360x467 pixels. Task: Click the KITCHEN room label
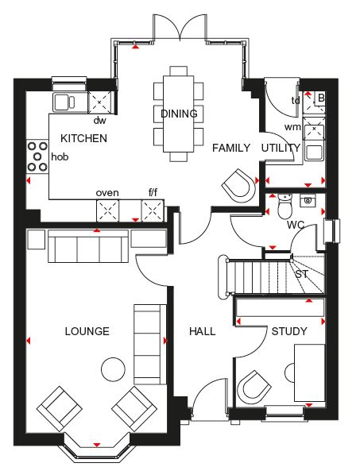pyautogui.click(x=83, y=138)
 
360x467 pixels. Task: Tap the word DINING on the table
pyautogui.click(x=179, y=114)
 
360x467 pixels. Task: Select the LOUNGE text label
pyautogui.click(x=87, y=331)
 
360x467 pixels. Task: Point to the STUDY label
pyautogui.click(x=289, y=331)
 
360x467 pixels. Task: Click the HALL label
pyautogui.click(x=203, y=331)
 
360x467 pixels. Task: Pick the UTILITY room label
pyautogui.click(x=281, y=148)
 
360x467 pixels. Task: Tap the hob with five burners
pyautogui.click(x=37, y=156)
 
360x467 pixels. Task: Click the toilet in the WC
pyautogui.click(x=285, y=206)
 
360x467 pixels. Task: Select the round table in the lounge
pyautogui.click(x=113, y=369)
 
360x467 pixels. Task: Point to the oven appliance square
pyautogui.click(x=107, y=211)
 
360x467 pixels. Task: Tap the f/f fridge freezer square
pyautogui.click(x=153, y=211)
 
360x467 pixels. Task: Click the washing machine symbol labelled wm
pyautogui.click(x=314, y=129)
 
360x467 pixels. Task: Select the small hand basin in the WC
pyautogui.click(x=308, y=200)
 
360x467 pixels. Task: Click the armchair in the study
pyautogui.click(x=254, y=387)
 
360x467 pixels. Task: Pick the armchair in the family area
pyautogui.click(x=238, y=186)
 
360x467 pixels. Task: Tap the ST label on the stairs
pyautogui.click(x=302, y=274)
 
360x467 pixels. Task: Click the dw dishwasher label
pyautogui.click(x=100, y=121)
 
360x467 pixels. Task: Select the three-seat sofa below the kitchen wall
pyautogui.click(x=88, y=246)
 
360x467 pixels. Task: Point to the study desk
pyautogui.click(x=310, y=373)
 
